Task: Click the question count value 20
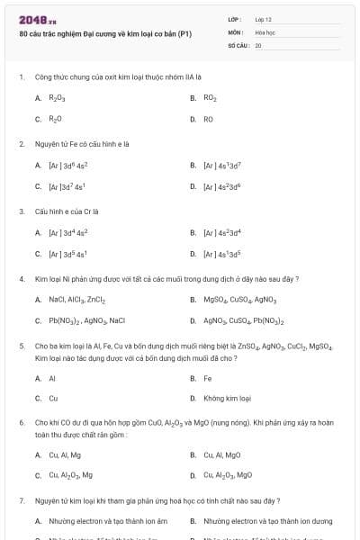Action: (x=258, y=44)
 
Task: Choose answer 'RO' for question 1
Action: (x=208, y=119)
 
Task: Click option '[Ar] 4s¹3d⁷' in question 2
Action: (x=222, y=166)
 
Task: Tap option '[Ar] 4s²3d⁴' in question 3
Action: (x=222, y=233)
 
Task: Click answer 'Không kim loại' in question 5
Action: (x=227, y=398)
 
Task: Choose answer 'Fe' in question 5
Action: (x=208, y=379)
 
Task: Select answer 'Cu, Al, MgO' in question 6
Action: (x=222, y=455)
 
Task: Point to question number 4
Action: (x=21, y=279)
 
